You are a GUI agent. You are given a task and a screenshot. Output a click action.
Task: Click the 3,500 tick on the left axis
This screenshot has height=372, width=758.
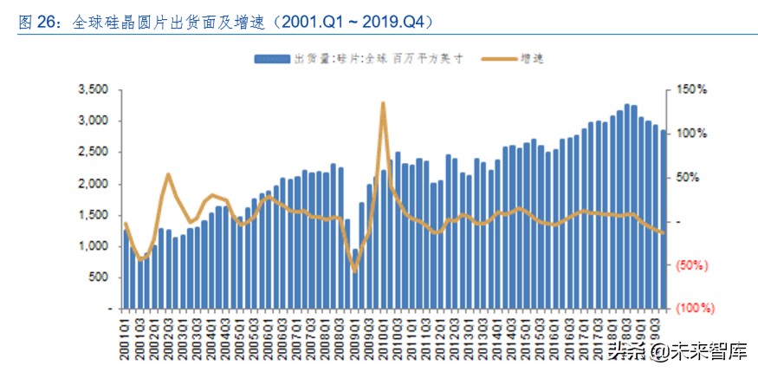tap(93, 89)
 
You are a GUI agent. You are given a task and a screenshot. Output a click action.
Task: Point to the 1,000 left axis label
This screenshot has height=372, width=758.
tap(93, 246)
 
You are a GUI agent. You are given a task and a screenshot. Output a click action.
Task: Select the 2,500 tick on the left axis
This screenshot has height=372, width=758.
tap(93, 152)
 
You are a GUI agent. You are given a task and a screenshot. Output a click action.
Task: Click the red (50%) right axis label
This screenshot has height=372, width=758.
tap(694, 264)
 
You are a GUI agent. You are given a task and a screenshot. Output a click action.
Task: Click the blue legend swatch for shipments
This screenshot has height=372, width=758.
tap(271, 58)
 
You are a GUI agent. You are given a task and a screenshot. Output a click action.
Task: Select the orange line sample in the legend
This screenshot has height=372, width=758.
tap(496, 58)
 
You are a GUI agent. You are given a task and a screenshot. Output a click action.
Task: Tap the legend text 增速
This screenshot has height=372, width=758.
tap(531, 58)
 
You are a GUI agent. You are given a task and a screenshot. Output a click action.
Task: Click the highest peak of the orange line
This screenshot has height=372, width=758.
tap(382, 103)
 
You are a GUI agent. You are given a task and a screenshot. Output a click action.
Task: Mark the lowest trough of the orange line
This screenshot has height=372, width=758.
tap(353, 271)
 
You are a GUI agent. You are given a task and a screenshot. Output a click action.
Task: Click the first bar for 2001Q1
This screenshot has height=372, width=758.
tap(126, 269)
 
